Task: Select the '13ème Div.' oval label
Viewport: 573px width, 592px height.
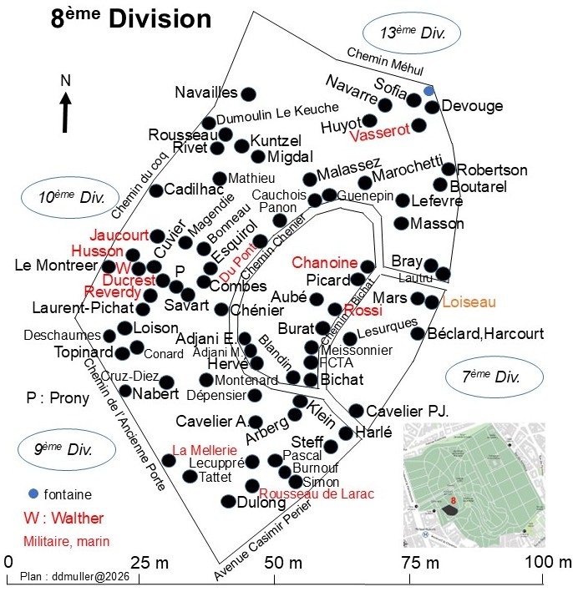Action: pyautogui.click(x=412, y=33)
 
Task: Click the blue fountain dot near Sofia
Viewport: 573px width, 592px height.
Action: pyautogui.click(x=428, y=91)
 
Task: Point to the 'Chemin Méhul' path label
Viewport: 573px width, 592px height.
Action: pyautogui.click(x=385, y=61)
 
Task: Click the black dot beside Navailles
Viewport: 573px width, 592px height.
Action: pyautogui.click(x=248, y=94)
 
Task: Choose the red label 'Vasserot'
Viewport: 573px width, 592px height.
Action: pyautogui.click(x=380, y=132)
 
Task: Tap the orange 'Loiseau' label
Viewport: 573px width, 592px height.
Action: pyautogui.click(x=469, y=302)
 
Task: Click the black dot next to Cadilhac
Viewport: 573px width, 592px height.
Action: pyautogui.click(x=156, y=190)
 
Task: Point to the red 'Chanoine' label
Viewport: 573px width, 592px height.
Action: pyautogui.click(x=324, y=262)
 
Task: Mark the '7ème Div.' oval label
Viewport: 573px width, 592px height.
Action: pyautogui.click(x=494, y=377)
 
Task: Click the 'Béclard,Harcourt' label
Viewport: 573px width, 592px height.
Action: pyautogui.click(x=485, y=334)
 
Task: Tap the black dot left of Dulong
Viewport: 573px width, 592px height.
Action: pyautogui.click(x=229, y=501)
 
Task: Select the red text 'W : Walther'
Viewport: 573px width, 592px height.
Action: pyautogui.click(x=63, y=518)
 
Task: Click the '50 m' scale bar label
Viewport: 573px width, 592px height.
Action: pyautogui.click(x=283, y=563)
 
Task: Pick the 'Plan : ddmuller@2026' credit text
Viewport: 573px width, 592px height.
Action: pyautogui.click(x=74, y=576)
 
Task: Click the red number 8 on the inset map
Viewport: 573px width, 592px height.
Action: pyautogui.click(x=454, y=501)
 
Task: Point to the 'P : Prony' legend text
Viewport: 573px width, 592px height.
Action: pyautogui.click(x=58, y=398)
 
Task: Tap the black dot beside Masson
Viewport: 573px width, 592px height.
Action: pyautogui.click(x=401, y=224)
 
